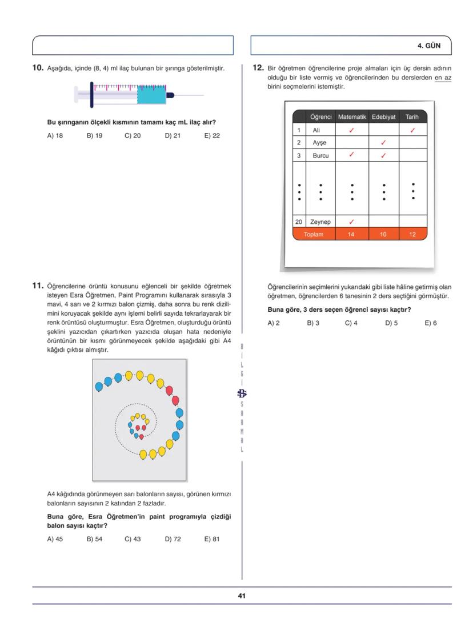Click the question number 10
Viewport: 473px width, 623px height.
coord(38,68)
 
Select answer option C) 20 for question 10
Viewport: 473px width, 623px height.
coord(133,136)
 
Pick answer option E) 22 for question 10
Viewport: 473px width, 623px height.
coord(212,136)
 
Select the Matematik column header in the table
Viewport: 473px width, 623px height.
coord(352,116)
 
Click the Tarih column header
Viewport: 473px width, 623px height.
coord(412,116)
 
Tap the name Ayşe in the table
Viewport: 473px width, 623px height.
coord(319,142)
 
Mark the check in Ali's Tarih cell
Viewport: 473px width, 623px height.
coord(412,130)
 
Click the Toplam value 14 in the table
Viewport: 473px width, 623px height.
coord(351,235)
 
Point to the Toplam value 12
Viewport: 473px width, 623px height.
coord(412,235)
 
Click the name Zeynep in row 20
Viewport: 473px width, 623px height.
coord(320,222)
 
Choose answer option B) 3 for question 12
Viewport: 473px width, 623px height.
coord(312,323)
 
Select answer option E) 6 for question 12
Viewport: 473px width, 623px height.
coord(431,323)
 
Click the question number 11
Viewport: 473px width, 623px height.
coord(38,286)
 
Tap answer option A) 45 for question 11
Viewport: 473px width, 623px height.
coord(55,538)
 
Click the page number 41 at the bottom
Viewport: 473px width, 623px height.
coord(242,596)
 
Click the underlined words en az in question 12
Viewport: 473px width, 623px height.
coord(443,78)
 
